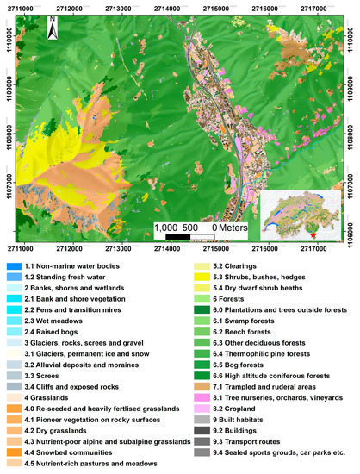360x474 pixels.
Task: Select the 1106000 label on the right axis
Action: tap(353, 226)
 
